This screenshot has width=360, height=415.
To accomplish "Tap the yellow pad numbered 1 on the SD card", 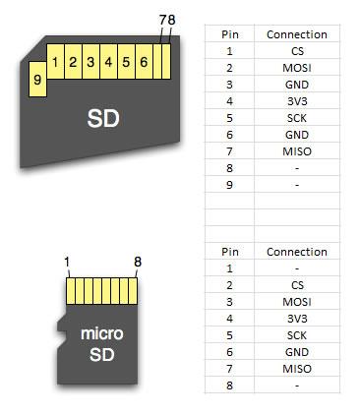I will click(56, 63).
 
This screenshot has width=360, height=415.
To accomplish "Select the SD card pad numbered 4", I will click(108, 63).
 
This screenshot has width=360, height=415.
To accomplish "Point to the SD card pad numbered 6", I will click(144, 63).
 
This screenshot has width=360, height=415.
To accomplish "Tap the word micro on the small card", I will click(101, 334).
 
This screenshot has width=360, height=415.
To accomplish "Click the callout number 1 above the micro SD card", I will click(67, 263).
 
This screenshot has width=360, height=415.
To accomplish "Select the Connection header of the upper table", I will click(296, 34).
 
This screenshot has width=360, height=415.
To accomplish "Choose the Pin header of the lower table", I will click(230, 252).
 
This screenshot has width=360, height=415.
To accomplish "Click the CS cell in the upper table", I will click(297, 50).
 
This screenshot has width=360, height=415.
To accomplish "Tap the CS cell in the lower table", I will click(297, 283).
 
